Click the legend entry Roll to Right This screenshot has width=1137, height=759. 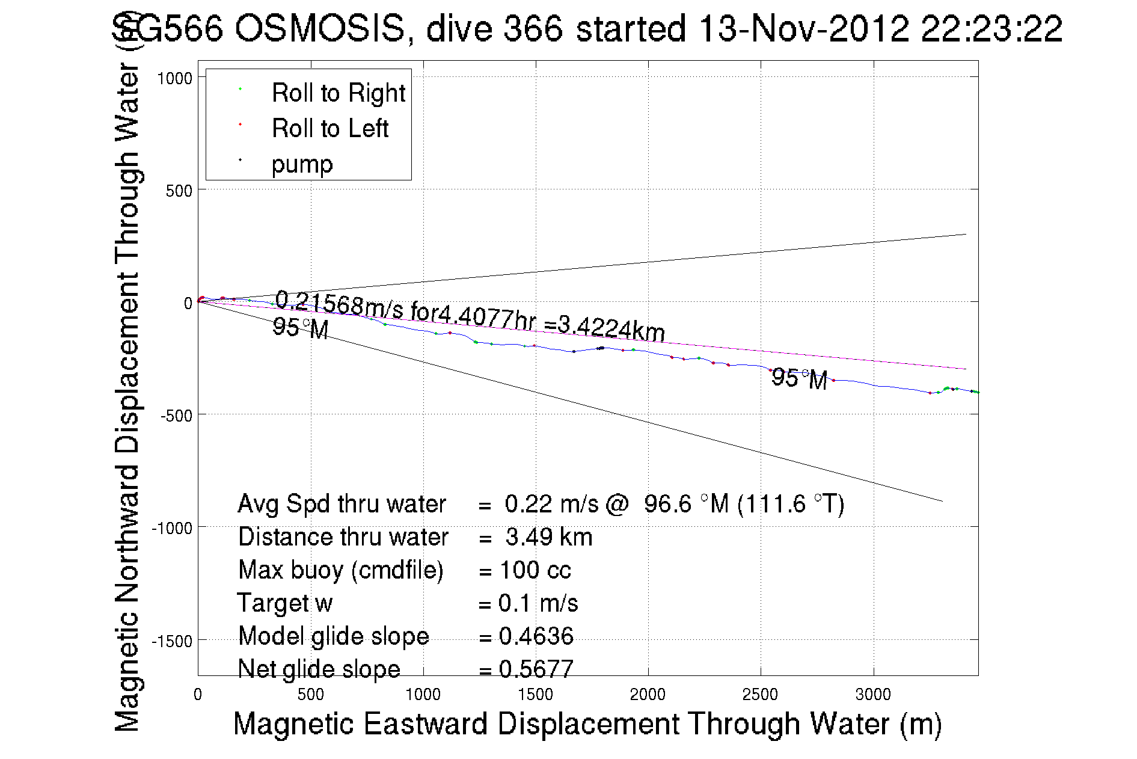pyautogui.click(x=338, y=93)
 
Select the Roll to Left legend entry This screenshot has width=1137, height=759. pyautogui.click(x=329, y=129)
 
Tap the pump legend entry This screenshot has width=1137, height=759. pyautogui.click(x=302, y=164)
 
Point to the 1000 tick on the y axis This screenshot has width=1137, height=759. pyautogui.click(x=174, y=78)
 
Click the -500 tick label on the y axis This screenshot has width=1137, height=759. pyautogui.click(x=175, y=416)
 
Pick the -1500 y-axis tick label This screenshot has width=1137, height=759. pyautogui.click(x=172, y=641)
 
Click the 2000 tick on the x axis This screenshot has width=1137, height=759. pyautogui.click(x=648, y=695)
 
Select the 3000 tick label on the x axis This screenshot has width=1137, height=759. pyautogui.click(x=873, y=695)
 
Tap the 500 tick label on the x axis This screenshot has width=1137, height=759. pyautogui.click(x=310, y=695)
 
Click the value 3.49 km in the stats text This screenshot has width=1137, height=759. pyautogui.click(x=548, y=537)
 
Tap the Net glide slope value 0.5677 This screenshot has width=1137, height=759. pyautogui.click(x=536, y=669)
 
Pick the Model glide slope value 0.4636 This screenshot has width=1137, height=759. pyautogui.click(x=536, y=636)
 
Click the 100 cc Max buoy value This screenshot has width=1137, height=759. pyautogui.click(x=535, y=570)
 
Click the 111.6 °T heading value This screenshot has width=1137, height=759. pyautogui.click(x=790, y=504)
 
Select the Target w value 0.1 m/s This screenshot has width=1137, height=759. pyautogui.click(x=538, y=603)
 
